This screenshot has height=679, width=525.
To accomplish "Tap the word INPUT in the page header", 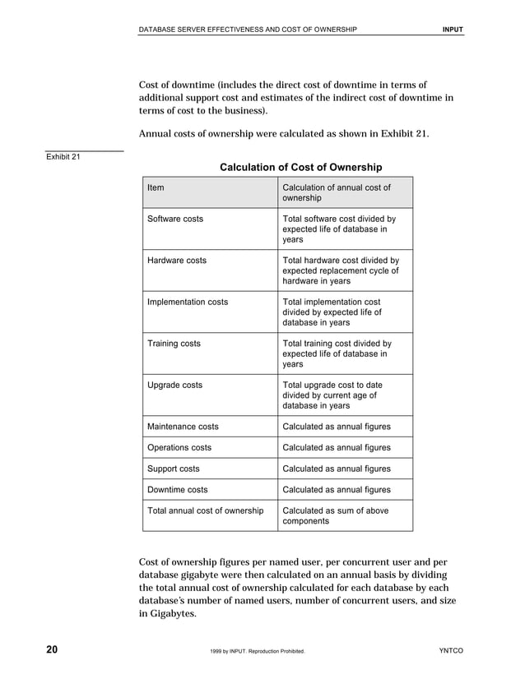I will pyautogui.click(x=453, y=30).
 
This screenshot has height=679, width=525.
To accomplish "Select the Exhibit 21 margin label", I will pyautogui.click(x=63, y=157).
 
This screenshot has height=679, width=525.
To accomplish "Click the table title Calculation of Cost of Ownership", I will pyautogui.click(x=300, y=168).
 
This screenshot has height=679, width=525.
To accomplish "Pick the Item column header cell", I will pyautogui.click(x=156, y=187).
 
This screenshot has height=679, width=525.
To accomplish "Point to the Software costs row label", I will pyautogui.click(x=174, y=219).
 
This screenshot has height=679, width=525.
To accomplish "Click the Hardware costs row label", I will pyautogui.click(x=176, y=261).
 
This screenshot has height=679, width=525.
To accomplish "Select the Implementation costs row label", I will pyautogui.click(x=187, y=302).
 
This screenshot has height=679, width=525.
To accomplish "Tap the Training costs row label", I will pyautogui.click(x=173, y=344).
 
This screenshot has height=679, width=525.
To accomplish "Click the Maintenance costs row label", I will pyautogui.click(x=183, y=427).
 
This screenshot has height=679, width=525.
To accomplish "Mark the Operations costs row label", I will pyautogui.click(x=179, y=448).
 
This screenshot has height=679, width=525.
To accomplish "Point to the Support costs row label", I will pyautogui.click(x=173, y=469).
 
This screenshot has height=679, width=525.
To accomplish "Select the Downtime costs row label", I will pyautogui.click(x=177, y=490).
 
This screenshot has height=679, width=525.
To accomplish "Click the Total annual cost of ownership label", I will pyautogui.click(x=205, y=510).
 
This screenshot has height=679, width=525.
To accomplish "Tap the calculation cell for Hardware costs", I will pyautogui.click(x=341, y=270).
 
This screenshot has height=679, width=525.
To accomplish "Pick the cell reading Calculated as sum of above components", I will pyautogui.click(x=335, y=516).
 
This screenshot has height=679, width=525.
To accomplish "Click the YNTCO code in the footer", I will pyautogui.click(x=452, y=651).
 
